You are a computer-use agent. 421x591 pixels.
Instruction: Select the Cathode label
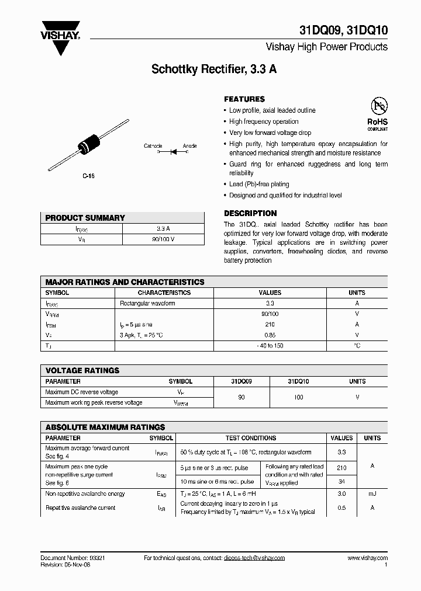(x=153, y=146)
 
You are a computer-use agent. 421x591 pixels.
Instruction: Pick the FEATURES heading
(x=244, y=99)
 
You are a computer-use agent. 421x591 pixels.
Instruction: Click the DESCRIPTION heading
(x=250, y=213)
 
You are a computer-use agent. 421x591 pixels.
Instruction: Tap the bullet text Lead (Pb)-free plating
(x=259, y=185)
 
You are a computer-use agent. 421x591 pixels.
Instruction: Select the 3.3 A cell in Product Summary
(x=163, y=228)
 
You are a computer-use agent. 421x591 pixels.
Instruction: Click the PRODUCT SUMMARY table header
(x=85, y=218)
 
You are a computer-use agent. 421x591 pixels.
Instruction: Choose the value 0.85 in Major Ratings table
(x=270, y=335)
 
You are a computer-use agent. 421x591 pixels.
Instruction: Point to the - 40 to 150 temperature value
(x=270, y=346)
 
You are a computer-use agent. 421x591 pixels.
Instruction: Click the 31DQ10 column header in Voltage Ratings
(x=298, y=381)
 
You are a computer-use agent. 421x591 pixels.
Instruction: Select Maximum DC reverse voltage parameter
(x=81, y=392)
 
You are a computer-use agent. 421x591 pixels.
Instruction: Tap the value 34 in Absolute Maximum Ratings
(x=342, y=481)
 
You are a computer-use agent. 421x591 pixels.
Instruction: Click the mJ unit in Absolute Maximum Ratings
(x=372, y=494)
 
